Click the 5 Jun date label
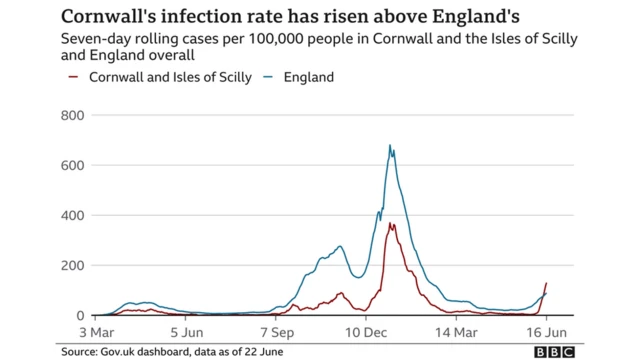point(186,331)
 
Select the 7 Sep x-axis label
point(277,331)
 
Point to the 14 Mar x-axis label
point(455,331)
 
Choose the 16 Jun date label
point(546,331)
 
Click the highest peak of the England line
point(390,146)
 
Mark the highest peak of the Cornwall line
point(391,224)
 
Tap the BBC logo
point(554,352)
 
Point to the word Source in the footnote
point(77,352)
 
